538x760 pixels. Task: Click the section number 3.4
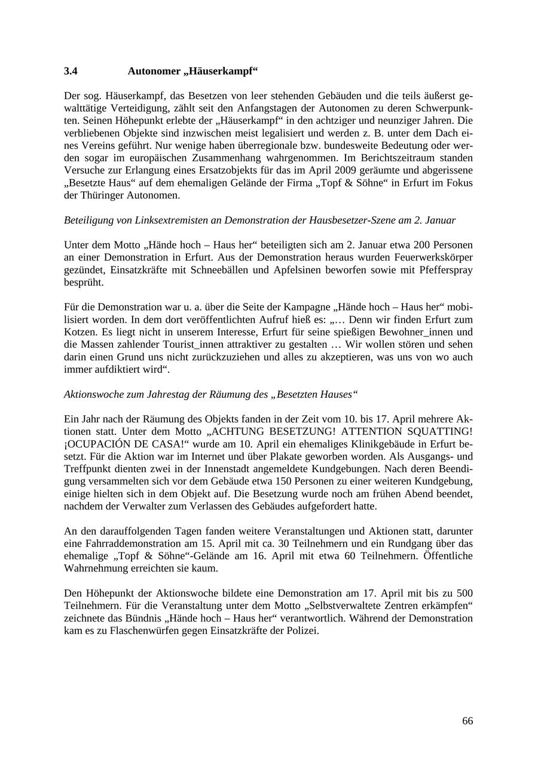[71, 71]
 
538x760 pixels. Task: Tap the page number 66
[467, 721]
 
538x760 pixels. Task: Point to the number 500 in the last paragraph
[464, 593]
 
